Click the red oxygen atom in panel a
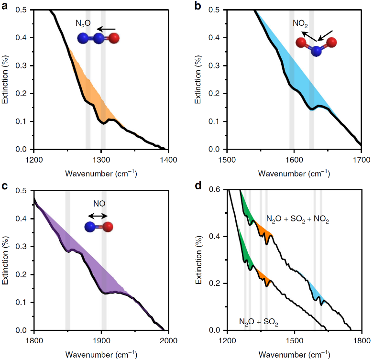click(111, 39)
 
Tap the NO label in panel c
click(100, 203)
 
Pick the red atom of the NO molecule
click(108, 227)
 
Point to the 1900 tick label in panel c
click(101, 340)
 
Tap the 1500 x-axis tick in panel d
click(294, 340)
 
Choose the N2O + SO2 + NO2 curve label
click(294, 220)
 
